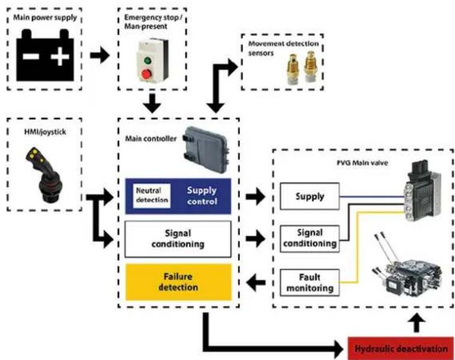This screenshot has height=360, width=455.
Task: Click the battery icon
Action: click(45, 55)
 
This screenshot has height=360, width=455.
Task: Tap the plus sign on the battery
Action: click(60, 57)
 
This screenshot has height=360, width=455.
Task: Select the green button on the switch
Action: click(147, 61)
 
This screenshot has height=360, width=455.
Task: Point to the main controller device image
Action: click(205, 149)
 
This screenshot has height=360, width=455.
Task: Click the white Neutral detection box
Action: click(152, 196)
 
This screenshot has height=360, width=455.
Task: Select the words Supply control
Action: click(202, 196)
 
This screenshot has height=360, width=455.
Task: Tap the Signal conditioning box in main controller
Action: click(178, 239)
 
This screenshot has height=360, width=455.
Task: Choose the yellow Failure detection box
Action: click(178, 282)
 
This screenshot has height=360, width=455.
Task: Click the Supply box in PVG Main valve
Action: click(309, 196)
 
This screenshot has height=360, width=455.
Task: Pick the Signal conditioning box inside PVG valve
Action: click(309, 238)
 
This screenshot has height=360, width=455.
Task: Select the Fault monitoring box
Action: click(309, 282)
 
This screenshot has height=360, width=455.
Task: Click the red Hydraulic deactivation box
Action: click(401, 349)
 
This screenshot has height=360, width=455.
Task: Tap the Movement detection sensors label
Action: click(283, 48)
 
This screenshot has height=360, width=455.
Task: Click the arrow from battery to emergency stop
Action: click(99, 55)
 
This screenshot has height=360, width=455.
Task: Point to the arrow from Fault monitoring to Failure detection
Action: click(256, 282)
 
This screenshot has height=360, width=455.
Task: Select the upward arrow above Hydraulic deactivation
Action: click(416, 323)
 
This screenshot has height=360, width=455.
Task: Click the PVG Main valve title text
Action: click(362, 163)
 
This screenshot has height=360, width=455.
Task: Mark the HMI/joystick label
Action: click(45, 132)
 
